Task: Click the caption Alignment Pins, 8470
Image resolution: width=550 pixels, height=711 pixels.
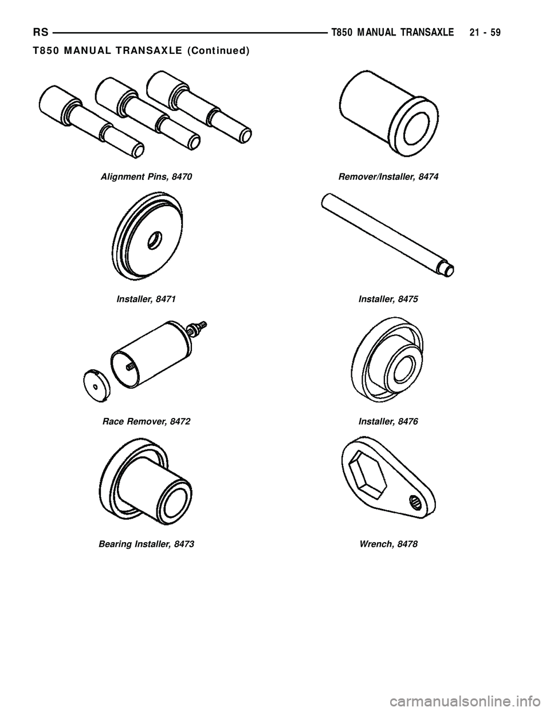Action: coord(146,177)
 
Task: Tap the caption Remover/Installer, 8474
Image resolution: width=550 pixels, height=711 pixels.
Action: coord(388,177)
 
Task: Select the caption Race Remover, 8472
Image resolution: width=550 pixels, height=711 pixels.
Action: coord(146,421)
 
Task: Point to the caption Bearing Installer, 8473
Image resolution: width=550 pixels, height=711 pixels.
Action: coord(146,544)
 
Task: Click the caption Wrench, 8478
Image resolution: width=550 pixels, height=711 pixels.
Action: coord(388,544)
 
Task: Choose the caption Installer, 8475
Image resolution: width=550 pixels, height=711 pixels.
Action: coord(388,299)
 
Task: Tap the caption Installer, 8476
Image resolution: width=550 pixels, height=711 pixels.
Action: coord(388,421)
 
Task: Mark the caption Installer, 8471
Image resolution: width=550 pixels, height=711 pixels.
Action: coord(146,299)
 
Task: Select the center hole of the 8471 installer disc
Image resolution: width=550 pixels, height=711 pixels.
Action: coord(154,240)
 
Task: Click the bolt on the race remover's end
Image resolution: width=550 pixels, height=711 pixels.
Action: coord(201,328)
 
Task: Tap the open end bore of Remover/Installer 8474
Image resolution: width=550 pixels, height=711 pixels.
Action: coord(417,129)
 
